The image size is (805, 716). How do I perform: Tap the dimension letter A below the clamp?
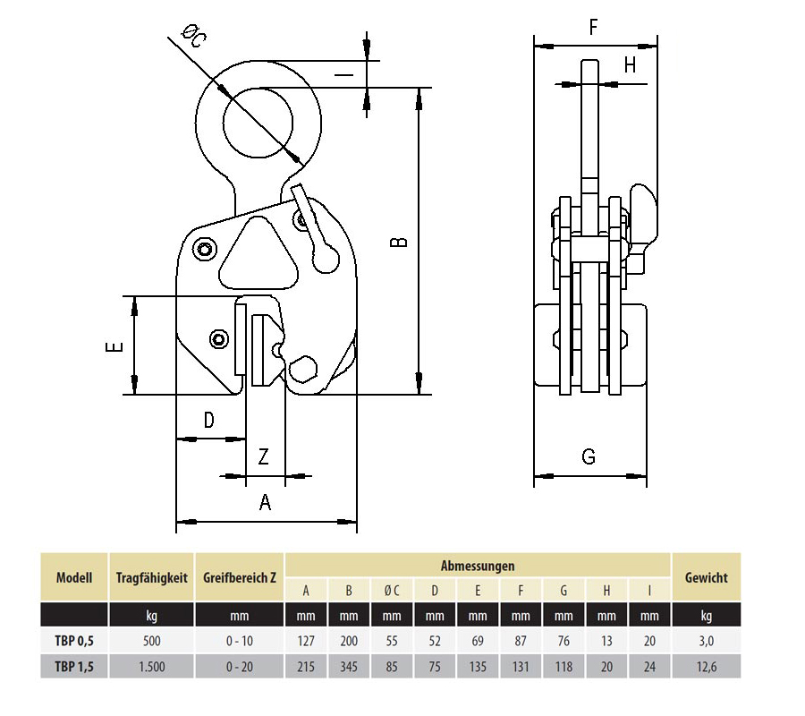[x=265, y=503]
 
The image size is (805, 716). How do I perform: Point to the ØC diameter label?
[x=193, y=38]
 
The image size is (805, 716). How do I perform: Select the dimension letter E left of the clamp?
[x=113, y=346]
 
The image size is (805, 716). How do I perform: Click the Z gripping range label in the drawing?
[x=263, y=457]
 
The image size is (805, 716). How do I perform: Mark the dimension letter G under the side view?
[x=589, y=457]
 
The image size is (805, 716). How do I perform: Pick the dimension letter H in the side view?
[x=630, y=64]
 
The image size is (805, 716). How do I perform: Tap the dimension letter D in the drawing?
[x=208, y=420]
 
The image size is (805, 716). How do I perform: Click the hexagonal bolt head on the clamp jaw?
[x=302, y=370]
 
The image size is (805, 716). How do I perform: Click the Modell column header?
[x=74, y=578]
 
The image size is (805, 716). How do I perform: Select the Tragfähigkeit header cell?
[x=151, y=578]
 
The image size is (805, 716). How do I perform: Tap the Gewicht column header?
[x=706, y=578]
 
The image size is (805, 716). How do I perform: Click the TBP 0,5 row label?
[x=74, y=641]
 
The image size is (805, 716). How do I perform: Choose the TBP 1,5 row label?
[x=74, y=666]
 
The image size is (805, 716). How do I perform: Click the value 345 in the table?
[x=349, y=666]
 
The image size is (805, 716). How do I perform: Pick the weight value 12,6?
[x=706, y=666]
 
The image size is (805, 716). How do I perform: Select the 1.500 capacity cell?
[x=151, y=666]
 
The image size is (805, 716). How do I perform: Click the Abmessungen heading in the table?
[x=477, y=566]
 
